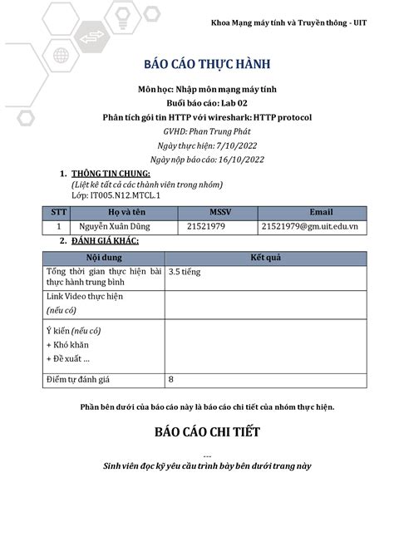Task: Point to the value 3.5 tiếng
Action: point(185,271)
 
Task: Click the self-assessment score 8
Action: point(171,380)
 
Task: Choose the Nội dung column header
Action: point(103,258)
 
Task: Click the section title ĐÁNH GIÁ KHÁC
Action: point(105,241)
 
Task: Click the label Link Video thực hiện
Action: point(85,296)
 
